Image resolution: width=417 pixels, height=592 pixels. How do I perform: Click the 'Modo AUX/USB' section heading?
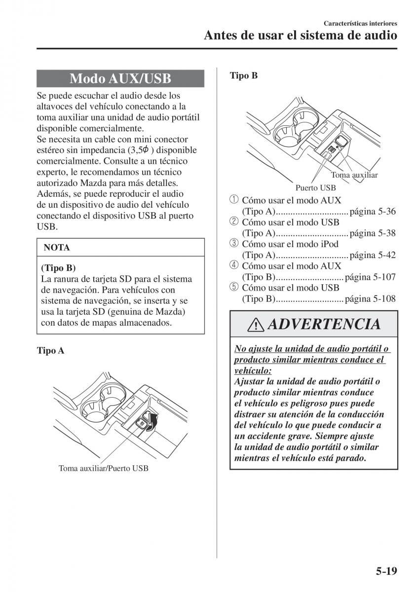(120, 78)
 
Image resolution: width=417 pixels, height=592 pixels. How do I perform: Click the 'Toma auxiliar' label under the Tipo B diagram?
(354, 175)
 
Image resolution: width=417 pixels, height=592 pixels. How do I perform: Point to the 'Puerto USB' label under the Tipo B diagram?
(315, 187)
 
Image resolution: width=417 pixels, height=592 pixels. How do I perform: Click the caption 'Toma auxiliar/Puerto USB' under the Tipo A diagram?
(103, 468)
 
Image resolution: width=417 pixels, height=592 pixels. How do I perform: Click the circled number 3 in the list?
(233, 244)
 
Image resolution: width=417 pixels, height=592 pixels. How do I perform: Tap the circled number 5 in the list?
(233, 287)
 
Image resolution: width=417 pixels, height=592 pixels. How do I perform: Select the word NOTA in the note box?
(57, 248)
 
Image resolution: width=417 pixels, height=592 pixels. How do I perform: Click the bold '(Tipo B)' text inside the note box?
(58, 268)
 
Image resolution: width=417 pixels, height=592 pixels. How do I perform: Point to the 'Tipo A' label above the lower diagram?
(50, 351)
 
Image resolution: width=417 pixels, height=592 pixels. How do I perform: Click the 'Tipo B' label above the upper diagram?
(244, 76)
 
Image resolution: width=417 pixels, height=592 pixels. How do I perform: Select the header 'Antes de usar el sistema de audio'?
(300, 36)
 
